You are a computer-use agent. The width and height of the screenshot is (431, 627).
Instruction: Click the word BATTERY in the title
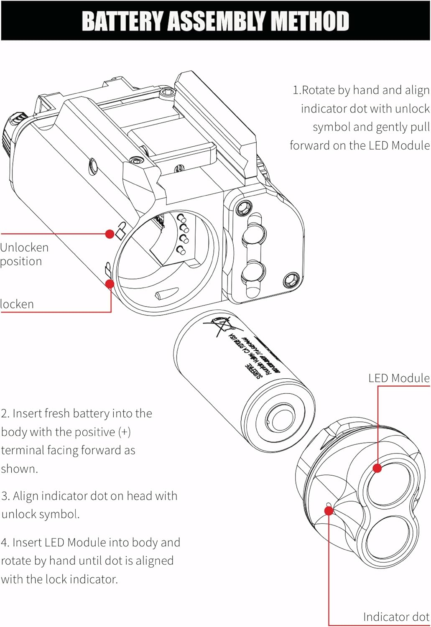pos(122,21)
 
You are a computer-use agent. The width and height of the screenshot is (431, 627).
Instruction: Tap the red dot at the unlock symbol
pos(110,234)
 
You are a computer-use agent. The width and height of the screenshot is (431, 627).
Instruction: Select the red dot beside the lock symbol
pos(110,284)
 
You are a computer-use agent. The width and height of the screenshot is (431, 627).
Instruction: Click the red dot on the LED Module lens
pos(377,468)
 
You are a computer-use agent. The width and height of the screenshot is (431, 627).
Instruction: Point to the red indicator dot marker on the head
pos(329,510)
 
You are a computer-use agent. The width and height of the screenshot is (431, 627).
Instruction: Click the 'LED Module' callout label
pos(398,378)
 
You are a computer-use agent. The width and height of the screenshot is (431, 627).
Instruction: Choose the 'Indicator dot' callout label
pos(396,617)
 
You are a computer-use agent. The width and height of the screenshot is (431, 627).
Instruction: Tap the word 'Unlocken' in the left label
pos(24,247)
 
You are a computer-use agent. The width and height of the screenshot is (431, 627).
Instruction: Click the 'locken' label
pos(17,304)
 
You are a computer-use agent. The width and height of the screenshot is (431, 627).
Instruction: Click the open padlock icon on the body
pos(121,230)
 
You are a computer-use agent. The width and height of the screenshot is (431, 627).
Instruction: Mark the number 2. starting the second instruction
pos(5,414)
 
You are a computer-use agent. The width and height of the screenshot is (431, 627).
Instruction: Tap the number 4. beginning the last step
pos(5,543)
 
